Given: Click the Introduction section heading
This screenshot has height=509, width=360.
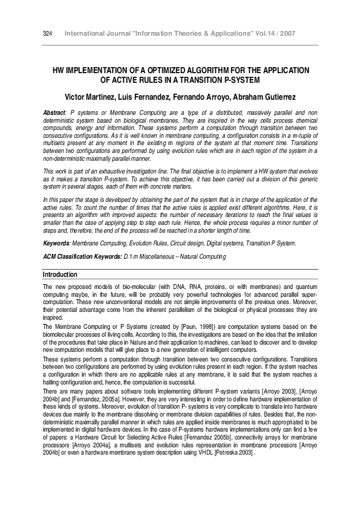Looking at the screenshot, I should click(x=61, y=274).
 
